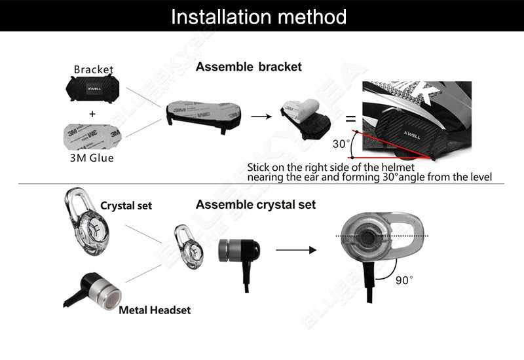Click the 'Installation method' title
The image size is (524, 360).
pyautogui.click(x=259, y=17)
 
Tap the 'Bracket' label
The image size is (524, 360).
pyautogui.click(x=94, y=69)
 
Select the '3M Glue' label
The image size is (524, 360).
pyautogui.click(x=92, y=158)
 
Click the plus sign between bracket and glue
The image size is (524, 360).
pyautogui.click(x=92, y=114)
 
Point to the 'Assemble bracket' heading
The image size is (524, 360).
pyautogui.click(x=249, y=67)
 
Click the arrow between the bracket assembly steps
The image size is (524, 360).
pyautogui.click(x=261, y=117)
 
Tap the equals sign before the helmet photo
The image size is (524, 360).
pyautogui.click(x=350, y=118)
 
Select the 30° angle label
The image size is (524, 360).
pyautogui.click(x=341, y=144)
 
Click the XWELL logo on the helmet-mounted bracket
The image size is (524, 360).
pyautogui.click(x=412, y=135)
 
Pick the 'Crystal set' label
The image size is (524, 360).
pyautogui.click(x=126, y=206)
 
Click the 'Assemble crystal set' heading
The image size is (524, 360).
pyautogui.click(x=255, y=205)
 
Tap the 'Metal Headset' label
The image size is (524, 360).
pyautogui.click(x=155, y=310)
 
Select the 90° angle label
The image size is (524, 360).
pyautogui.click(x=404, y=280)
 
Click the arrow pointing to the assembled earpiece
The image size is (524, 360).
pyautogui.click(x=296, y=250)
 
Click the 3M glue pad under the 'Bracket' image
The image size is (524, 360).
pyautogui.click(x=92, y=137)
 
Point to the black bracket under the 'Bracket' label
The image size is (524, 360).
pyautogui.click(x=92, y=88)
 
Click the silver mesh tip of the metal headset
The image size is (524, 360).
pyautogui.click(x=112, y=300)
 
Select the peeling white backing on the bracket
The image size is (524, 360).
pyautogui.click(x=305, y=109)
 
